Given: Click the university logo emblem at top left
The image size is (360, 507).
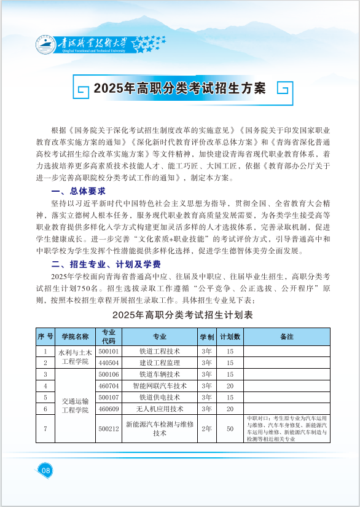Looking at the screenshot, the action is tap(45, 44).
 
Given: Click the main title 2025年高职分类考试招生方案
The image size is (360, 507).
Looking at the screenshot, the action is tap(179, 88).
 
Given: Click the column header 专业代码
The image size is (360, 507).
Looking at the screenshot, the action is tap(109, 336).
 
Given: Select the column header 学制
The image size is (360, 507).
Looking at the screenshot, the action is tap(206, 337).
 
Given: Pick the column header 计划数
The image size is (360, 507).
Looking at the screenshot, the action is tap(230, 337).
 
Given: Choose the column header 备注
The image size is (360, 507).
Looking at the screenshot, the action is tap(286, 337).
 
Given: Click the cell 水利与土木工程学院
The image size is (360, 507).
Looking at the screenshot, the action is tap(75, 357).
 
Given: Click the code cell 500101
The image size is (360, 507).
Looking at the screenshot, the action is tap(109, 352).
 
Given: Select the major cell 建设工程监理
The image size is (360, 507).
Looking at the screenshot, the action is tap(160, 363).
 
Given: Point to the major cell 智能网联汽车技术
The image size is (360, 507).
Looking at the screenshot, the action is tap(160, 386).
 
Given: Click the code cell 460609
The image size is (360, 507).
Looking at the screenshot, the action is tap(109, 409).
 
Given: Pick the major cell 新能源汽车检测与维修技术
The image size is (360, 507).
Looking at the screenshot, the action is tap(160, 428).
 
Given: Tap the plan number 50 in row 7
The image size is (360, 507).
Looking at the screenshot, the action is tap(230, 428).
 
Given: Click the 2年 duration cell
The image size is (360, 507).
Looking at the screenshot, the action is tap(206, 428).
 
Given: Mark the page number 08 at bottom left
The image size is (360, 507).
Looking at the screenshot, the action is tap(45, 470).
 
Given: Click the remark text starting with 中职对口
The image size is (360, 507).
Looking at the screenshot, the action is tap(286, 428).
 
